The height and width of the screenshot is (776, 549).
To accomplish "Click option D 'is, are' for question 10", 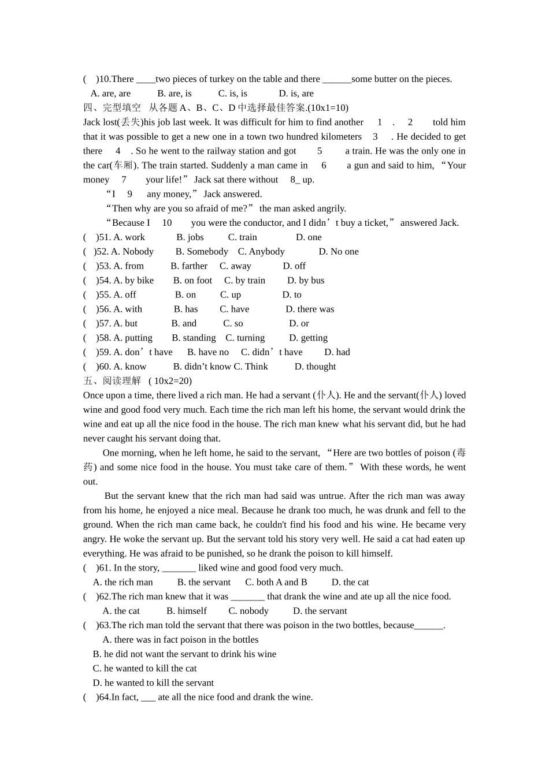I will tap(296, 94).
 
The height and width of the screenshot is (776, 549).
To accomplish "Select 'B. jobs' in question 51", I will tap(190, 237).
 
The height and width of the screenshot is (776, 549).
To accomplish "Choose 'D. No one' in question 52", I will tap(339, 252).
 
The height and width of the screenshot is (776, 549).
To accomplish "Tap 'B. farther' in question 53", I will tap(189, 266).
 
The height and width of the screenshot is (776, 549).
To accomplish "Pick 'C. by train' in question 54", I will tap(244, 281).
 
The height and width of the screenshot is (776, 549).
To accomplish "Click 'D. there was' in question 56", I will tap(310, 309).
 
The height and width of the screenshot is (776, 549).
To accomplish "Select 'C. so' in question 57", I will tap(233, 324).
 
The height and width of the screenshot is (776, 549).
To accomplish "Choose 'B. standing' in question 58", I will tap(194, 338).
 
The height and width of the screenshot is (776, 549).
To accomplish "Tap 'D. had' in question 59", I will tap(337, 352).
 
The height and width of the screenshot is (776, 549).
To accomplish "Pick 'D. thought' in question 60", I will tap(315, 367).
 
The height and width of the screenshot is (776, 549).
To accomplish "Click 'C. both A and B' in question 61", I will tap(276, 583).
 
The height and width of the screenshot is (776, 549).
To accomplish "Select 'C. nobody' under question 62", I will tap(248, 611).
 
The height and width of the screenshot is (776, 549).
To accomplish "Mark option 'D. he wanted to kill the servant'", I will tap(153, 683).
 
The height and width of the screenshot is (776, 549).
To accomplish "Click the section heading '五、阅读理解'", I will tap(112, 381).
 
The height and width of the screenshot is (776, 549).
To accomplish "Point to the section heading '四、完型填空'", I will tap(112, 108).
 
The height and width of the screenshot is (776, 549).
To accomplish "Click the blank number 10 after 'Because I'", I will tap(166, 223).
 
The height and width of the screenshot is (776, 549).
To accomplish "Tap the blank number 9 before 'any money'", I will tap(130, 194).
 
